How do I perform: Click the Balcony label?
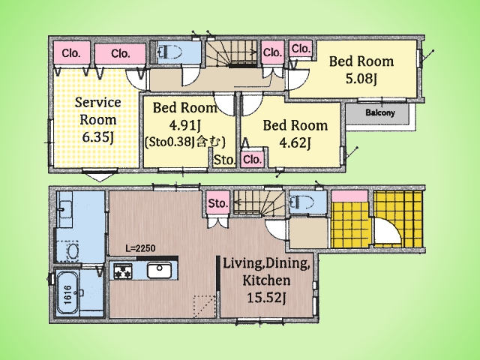pos(380,112)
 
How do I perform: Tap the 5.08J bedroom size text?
pos(361,79)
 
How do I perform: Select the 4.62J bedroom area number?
pos(295,142)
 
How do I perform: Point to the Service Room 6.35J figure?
pos(98,137)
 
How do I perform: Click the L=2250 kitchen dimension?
pos(140,248)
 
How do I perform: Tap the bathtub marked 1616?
pos(67,293)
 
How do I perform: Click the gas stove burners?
pos(123,271)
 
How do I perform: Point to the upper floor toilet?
pos(169,52)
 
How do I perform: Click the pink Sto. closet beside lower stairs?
pos(218,203)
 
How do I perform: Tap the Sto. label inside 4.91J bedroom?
pos(225,160)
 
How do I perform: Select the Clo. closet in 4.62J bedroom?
pos(253,160)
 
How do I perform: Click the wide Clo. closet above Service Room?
pos(120,54)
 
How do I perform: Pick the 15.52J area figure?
pos(266,298)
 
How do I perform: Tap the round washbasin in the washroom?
pos(73,251)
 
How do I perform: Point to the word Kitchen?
pos(266,280)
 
